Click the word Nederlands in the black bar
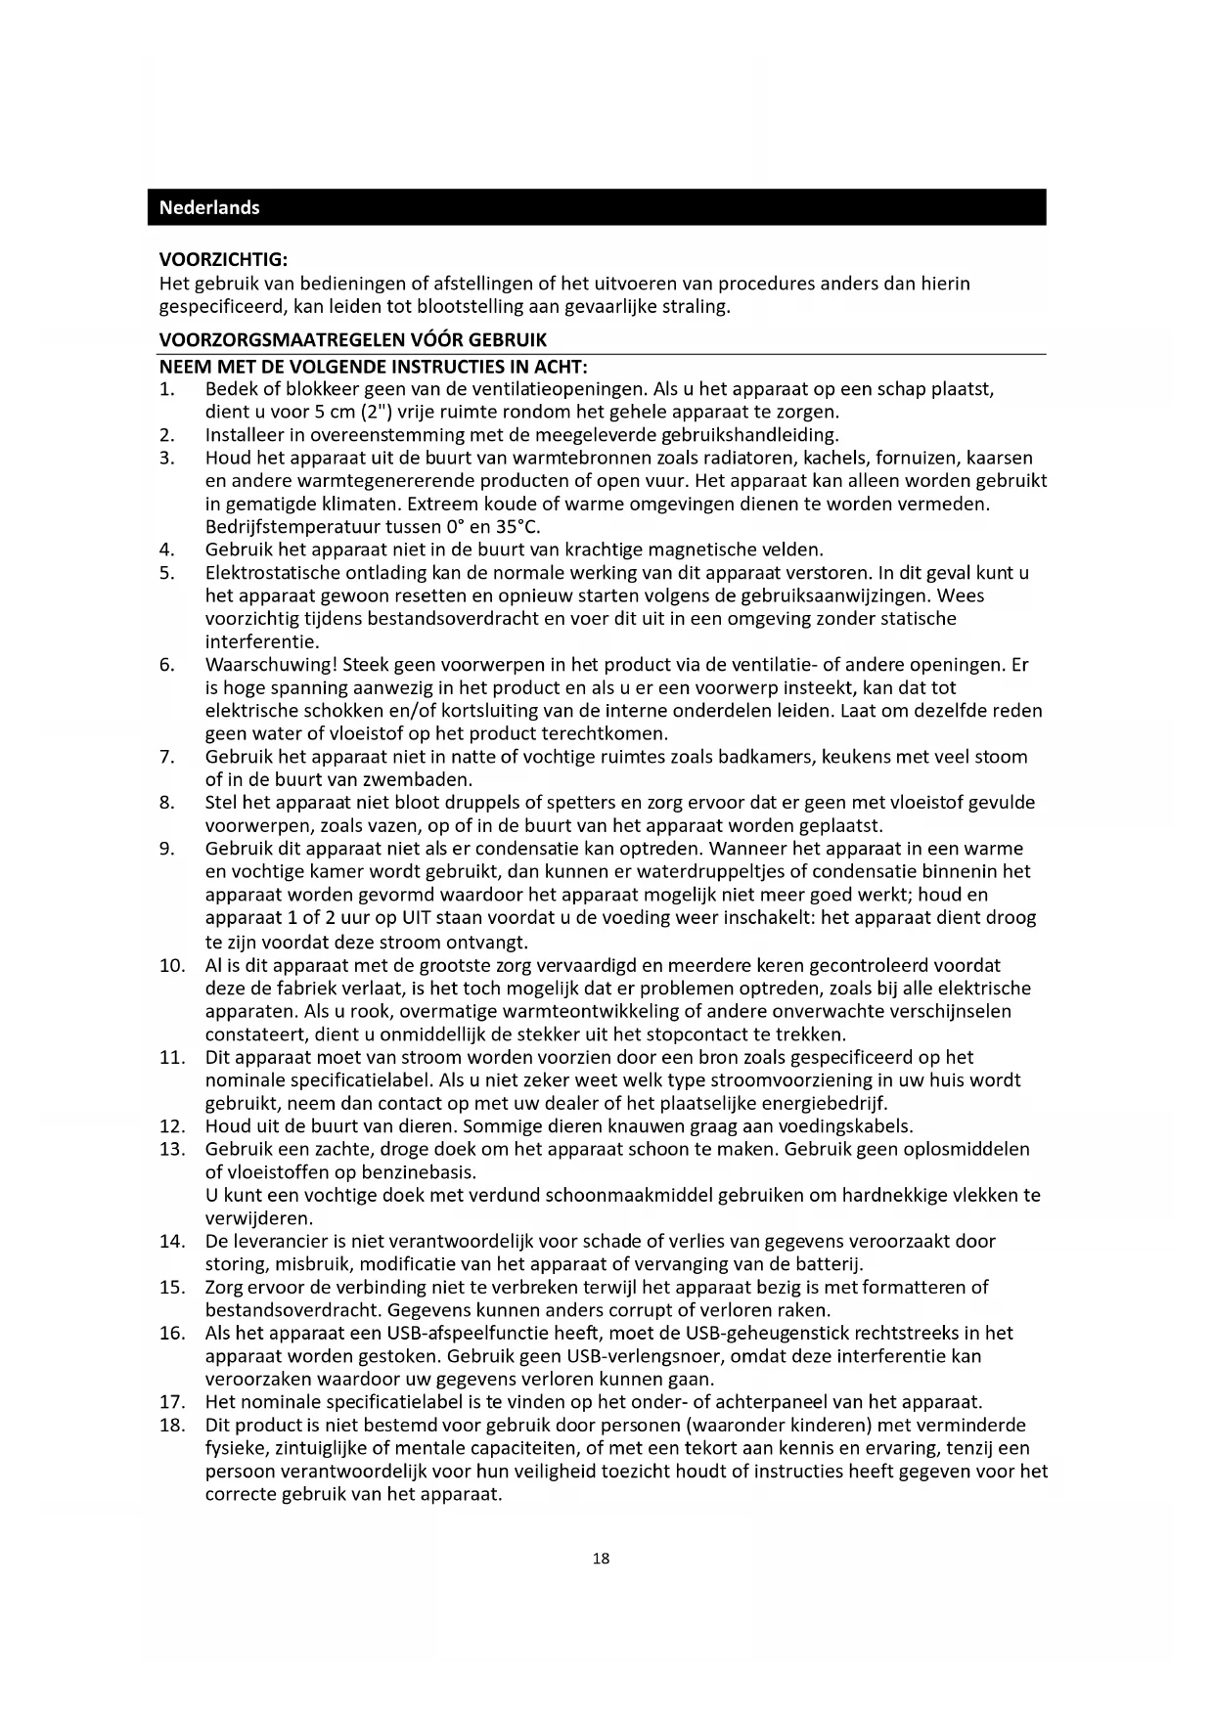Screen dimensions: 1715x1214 pyautogui.click(x=209, y=207)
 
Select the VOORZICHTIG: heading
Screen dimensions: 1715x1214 pyautogui.click(x=223, y=260)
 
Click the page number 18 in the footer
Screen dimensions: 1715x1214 pyautogui.click(x=601, y=1559)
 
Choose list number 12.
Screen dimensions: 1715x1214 pyautogui.click(x=171, y=1125)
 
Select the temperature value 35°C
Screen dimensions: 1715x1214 pyautogui.click(x=517, y=527)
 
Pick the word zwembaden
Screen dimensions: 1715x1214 pyautogui.click(x=427, y=780)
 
